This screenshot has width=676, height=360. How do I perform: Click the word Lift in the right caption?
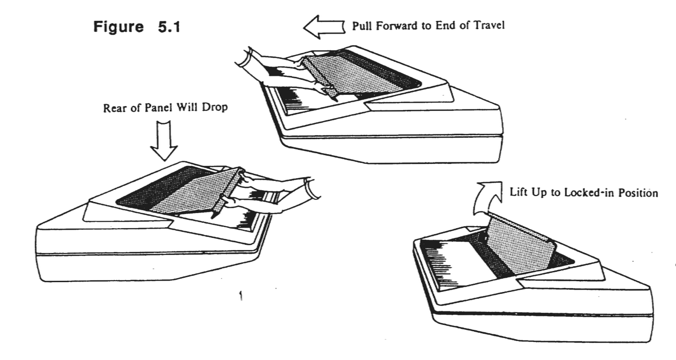[518, 192]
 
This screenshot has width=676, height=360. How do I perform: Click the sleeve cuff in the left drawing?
[311, 188]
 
